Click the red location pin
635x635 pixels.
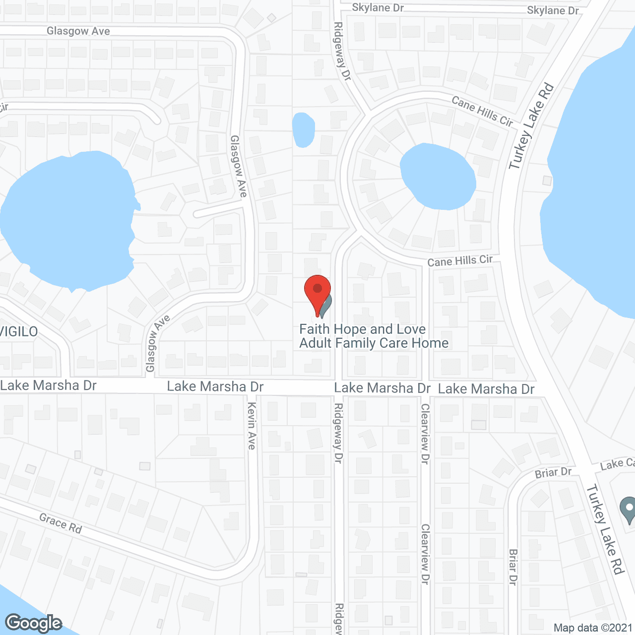click(x=317, y=293)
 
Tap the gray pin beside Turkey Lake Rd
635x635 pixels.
click(x=628, y=509)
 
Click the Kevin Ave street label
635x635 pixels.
click(x=252, y=426)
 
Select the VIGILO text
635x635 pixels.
click(x=19, y=331)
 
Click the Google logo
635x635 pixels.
click(x=34, y=623)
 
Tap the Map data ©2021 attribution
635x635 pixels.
click(x=593, y=628)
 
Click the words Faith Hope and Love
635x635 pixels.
click(x=362, y=329)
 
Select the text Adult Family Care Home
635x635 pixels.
click(x=374, y=343)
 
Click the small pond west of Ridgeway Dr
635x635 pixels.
click(x=303, y=130)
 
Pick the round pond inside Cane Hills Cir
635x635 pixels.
click(x=438, y=176)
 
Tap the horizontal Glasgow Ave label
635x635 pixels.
click(x=78, y=31)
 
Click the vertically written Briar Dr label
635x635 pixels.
click(x=513, y=567)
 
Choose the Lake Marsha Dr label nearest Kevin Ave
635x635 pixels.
click(x=215, y=386)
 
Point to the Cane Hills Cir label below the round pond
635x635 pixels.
click(x=460, y=261)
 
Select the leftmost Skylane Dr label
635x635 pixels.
click(x=378, y=7)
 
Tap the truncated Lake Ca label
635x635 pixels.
click(x=617, y=464)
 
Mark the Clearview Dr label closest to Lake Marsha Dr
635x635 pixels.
click(x=425, y=433)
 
